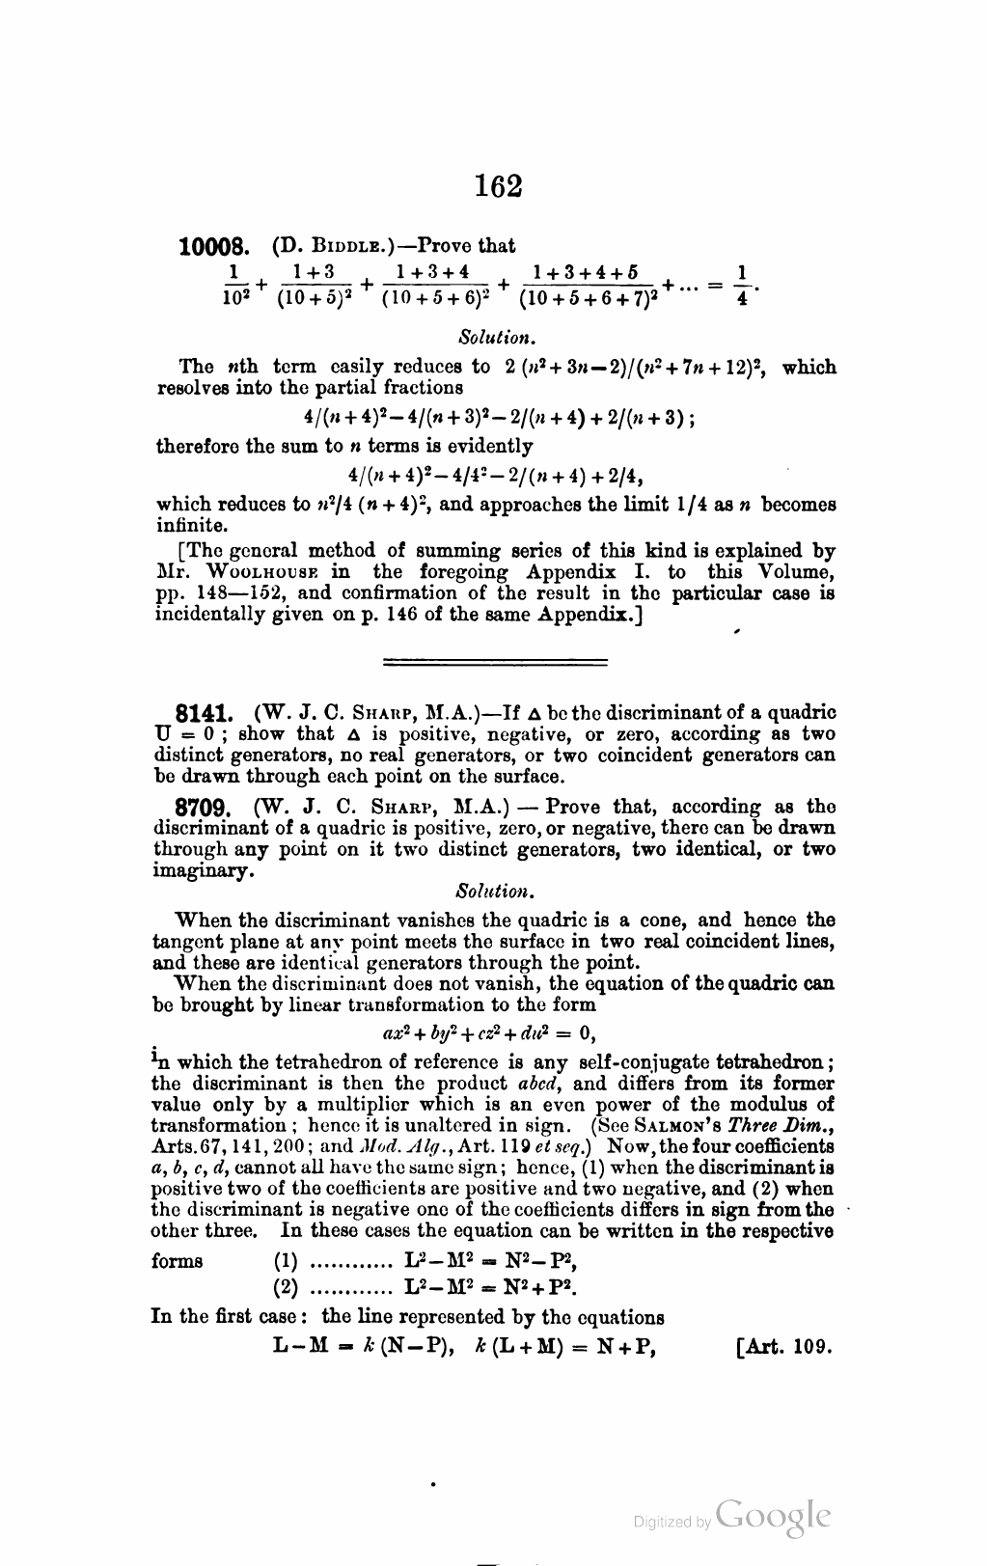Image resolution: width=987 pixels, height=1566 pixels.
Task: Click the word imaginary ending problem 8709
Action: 203,870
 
